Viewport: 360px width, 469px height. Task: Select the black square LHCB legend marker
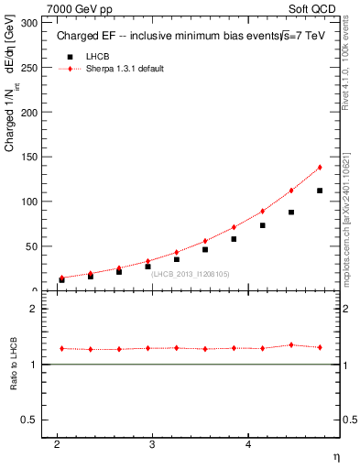point(68,57)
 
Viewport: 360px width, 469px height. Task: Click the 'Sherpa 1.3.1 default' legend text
point(125,70)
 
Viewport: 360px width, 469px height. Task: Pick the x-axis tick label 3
point(153,445)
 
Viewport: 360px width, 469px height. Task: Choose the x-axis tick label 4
point(248,445)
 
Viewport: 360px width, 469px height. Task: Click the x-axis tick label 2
point(57,445)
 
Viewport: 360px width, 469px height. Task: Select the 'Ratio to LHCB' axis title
point(12,365)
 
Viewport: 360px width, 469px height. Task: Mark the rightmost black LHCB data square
point(320,191)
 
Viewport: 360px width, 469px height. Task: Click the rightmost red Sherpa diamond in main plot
point(320,168)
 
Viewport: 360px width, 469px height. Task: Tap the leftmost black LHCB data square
point(61,279)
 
